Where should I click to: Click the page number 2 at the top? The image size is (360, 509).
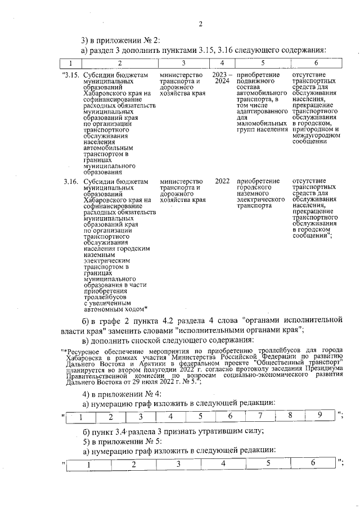(x=200, y=23)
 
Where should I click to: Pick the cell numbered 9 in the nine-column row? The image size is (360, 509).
(x=319, y=416)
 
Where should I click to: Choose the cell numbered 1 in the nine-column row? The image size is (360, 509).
(x=80, y=417)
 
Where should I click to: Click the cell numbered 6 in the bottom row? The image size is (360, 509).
(x=313, y=463)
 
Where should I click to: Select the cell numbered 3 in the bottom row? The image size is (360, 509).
(x=178, y=464)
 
